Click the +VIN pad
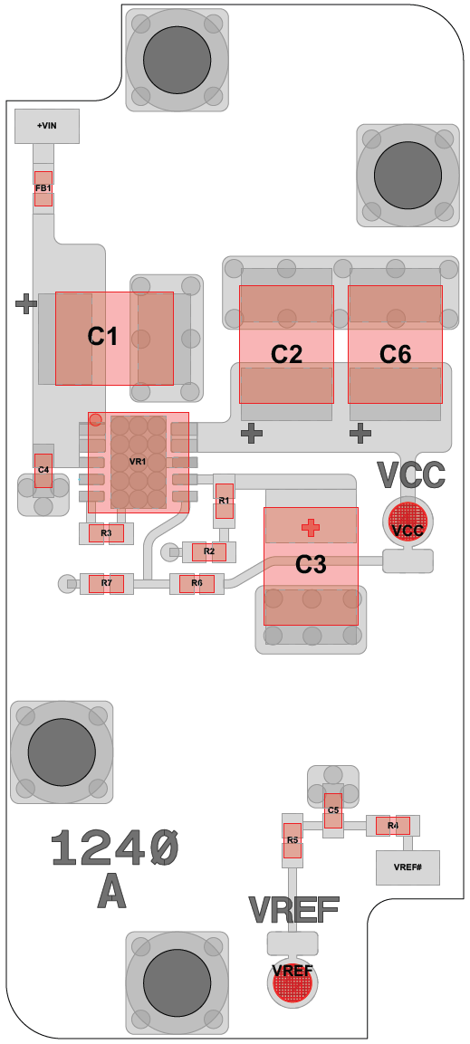tap(47, 126)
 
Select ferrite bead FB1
tap(43, 188)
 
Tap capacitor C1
tap(114, 339)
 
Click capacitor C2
tap(286, 344)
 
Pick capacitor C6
tap(396, 344)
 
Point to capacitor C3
tap(311, 566)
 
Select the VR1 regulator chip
tap(139, 463)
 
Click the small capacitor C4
tap(43, 470)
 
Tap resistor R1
tap(225, 502)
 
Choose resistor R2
tap(209, 552)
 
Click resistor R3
tap(107, 532)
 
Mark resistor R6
tap(197, 584)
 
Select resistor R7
tap(107, 584)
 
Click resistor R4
tap(393, 826)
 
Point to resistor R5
tap(293, 841)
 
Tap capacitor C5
tap(333, 811)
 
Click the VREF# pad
tap(408, 867)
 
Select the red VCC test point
tap(408, 522)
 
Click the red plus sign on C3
tap(311, 528)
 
